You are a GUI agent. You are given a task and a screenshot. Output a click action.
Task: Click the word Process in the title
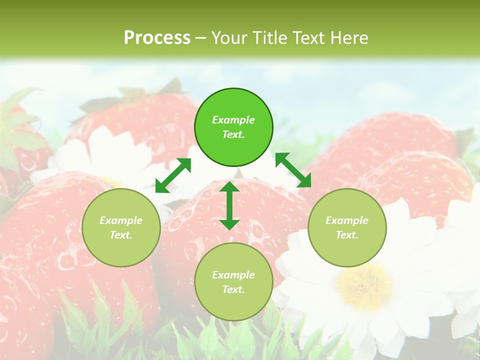pos(157,38)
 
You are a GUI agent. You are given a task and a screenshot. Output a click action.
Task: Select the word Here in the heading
pos(348,38)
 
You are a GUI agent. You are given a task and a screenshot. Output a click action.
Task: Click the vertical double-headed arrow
pos(229,205)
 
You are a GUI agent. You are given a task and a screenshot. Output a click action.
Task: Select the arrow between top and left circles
pos(173,175)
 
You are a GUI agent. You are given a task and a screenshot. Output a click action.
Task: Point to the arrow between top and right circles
pos(293,170)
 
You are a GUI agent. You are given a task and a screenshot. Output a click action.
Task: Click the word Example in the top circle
pos(233,120)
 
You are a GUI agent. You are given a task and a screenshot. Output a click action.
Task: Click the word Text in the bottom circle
pos(233,289)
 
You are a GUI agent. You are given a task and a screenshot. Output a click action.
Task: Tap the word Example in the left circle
pos(121,220)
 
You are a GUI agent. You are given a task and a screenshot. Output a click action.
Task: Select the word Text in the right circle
pos(347,235)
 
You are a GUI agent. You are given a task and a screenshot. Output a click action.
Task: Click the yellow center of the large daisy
pos(363,285)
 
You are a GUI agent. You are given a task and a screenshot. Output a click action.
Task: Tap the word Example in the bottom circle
pos(233,275)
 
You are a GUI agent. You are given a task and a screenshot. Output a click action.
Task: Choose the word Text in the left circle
pos(121,235)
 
